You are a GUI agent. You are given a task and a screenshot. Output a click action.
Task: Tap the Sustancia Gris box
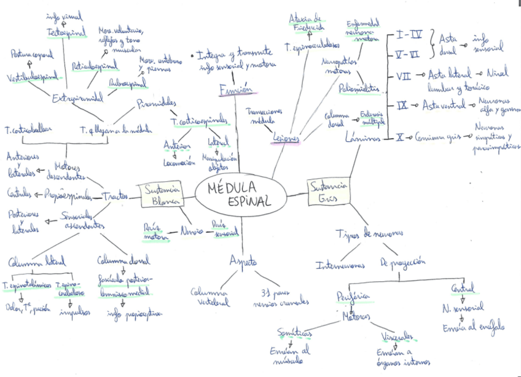pos(329,191)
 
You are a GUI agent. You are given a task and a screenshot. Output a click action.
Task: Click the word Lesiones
pos(286,138)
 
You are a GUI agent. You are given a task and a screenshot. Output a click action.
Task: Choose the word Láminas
pos(362,138)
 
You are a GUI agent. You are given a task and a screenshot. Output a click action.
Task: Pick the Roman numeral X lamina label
pos(400,137)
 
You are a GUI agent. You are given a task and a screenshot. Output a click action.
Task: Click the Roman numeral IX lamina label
pos(402,106)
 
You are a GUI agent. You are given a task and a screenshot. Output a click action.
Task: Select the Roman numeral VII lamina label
pos(402,75)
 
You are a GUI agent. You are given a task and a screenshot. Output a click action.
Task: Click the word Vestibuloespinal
pos(36,77)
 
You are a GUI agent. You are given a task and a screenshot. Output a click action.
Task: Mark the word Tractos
pos(115,196)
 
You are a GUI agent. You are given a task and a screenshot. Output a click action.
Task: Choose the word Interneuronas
pos(340,265)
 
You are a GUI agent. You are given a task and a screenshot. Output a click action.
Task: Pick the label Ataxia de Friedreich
pos(307,22)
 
